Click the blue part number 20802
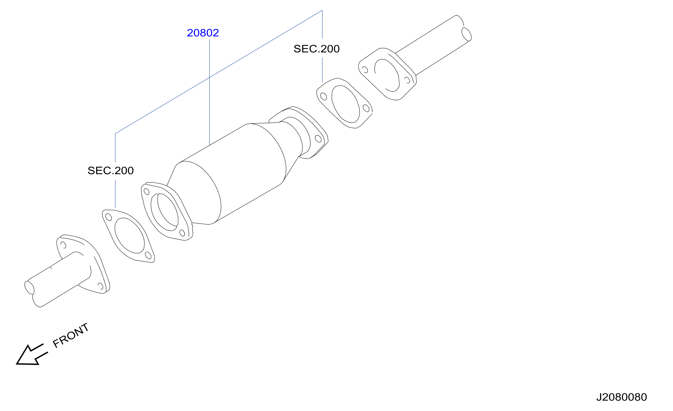[203, 33]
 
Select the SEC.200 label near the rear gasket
[316, 49]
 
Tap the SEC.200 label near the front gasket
[111, 171]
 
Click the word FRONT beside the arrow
[71, 335]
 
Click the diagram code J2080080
[621, 397]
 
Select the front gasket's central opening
[129, 235]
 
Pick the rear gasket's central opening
[345, 104]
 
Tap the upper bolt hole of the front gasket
[108, 217]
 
